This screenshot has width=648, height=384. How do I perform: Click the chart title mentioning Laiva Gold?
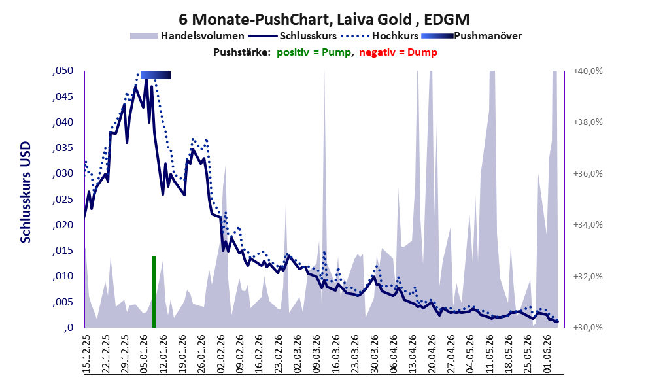click(x=324, y=19)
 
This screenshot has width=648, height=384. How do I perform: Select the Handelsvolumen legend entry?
click(x=187, y=36)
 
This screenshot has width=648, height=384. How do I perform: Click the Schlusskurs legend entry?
click(x=292, y=36)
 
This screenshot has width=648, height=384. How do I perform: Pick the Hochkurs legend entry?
click(x=380, y=36)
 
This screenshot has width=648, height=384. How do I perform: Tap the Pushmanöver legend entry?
click(x=471, y=36)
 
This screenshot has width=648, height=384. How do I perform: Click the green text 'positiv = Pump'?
click(x=314, y=52)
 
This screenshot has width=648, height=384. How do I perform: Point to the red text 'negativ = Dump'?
click(x=398, y=52)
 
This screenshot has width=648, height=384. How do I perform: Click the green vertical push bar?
click(x=154, y=292)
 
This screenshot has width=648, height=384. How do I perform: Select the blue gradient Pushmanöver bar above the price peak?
click(x=156, y=75)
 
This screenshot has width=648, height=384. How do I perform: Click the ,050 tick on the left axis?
click(x=63, y=71)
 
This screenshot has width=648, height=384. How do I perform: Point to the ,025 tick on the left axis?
click(x=63, y=200)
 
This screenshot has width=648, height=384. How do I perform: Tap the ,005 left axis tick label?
click(x=63, y=302)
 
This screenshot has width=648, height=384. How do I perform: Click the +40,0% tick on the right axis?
click(x=588, y=71)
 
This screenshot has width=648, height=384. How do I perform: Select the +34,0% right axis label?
click(x=588, y=225)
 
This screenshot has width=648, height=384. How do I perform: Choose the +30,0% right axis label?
click(x=588, y=327)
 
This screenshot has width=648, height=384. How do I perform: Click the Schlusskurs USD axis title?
click(x=26, y=192)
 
